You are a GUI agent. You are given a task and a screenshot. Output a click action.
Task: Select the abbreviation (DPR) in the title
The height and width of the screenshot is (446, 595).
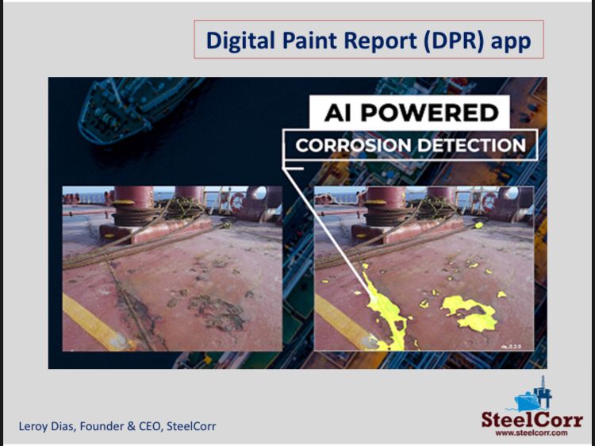point(454,40)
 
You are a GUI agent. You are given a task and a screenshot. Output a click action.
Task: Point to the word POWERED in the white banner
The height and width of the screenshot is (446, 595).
point(429,113)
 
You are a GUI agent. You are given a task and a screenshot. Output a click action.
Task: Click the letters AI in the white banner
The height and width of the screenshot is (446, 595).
point(338,113)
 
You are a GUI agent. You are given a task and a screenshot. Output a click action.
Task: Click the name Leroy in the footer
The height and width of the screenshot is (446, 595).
point(29,427)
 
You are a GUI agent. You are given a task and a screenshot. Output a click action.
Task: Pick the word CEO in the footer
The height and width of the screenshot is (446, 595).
point(151,426)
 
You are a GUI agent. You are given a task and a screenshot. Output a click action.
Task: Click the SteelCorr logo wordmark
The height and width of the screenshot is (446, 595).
point(532,420)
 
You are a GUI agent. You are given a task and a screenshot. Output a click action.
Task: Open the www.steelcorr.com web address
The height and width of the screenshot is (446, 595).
point(532,433)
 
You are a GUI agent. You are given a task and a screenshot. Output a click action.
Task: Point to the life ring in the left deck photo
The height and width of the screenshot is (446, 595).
point(237,202)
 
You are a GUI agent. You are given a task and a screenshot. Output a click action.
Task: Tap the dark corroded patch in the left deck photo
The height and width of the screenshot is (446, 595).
point(217,311)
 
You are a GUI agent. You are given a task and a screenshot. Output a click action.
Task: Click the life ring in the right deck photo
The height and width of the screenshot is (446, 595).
point(489,201)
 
